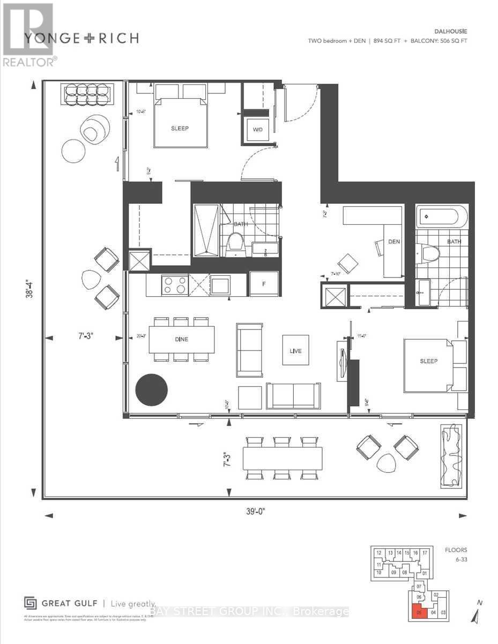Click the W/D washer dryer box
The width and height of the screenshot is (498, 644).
point(257,129)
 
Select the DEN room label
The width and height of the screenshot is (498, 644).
point(394,241)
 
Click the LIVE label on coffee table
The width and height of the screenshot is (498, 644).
point(295,351)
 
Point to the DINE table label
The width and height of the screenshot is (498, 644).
point(181,339)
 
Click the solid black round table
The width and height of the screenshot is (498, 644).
point(151,390)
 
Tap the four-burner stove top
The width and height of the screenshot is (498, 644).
point(174,284)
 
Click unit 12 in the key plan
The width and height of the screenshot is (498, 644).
point(378,553)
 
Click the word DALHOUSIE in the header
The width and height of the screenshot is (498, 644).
point(445,32)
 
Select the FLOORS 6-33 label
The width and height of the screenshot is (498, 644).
point(456,554)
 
